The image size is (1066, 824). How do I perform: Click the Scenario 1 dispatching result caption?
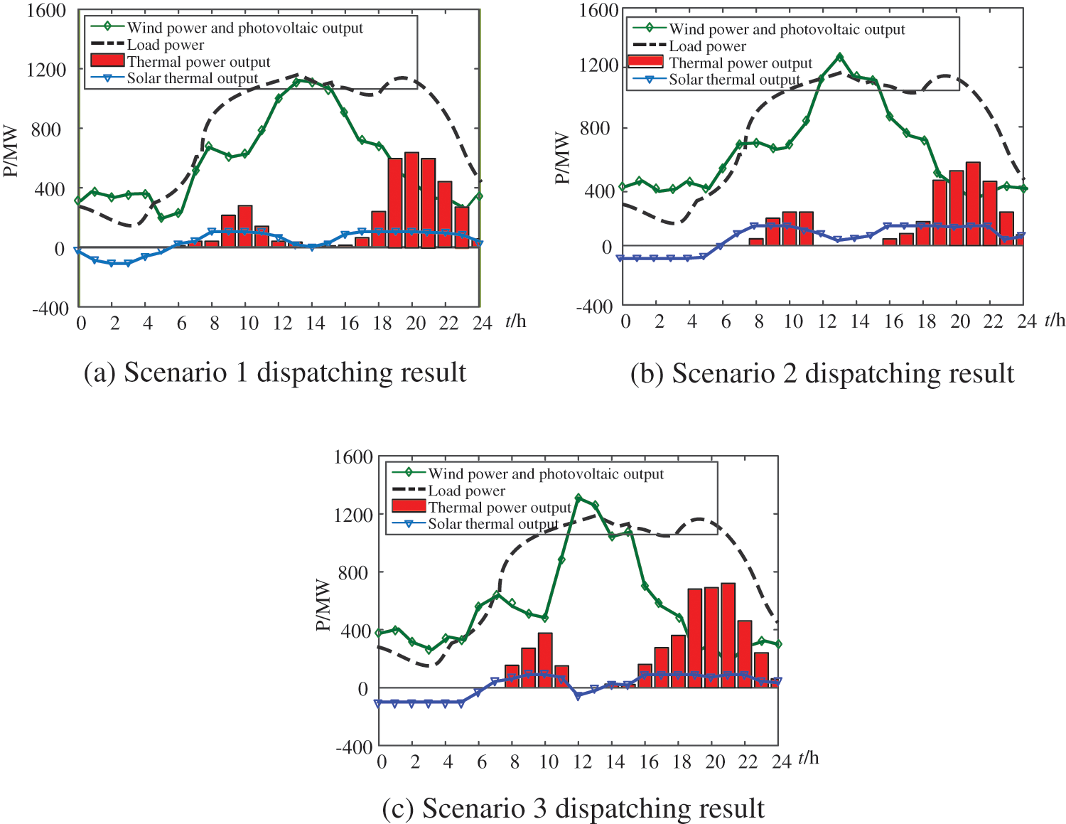(x=274, y=373)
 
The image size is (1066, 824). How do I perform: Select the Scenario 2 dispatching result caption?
(x=822, y=374)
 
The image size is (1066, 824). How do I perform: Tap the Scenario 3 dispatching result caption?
(x=573, y=808)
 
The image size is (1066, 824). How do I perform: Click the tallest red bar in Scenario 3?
(x=728, y=634)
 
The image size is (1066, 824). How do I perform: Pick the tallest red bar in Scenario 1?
(x=411, y=200)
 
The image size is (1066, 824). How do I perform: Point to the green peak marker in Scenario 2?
(x=839, y=56)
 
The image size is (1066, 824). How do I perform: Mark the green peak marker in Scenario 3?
(x=578, y=498)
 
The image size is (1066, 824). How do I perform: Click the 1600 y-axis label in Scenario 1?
(x=46, y=11)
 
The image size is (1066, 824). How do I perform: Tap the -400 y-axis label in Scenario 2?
(x=594, y=306)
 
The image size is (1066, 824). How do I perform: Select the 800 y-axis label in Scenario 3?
(x=353, y=572)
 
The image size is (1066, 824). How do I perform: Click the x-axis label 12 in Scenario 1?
(x=282, y=323)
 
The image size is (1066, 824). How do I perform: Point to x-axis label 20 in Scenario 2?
(x=960, y=322)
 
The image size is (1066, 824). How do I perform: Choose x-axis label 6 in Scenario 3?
(x=481, y=762)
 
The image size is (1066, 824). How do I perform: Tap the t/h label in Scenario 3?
(x=809, y=758)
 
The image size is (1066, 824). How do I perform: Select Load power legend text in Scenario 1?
(x=165, y=45)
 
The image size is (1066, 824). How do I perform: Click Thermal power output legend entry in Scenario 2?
(x=740, y=63)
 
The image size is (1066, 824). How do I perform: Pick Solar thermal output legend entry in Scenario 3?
(x=492, y=524)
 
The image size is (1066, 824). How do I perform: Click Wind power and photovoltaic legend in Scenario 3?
(x=545, y=473)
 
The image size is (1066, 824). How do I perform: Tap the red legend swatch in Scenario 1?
(x=107, y=61)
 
